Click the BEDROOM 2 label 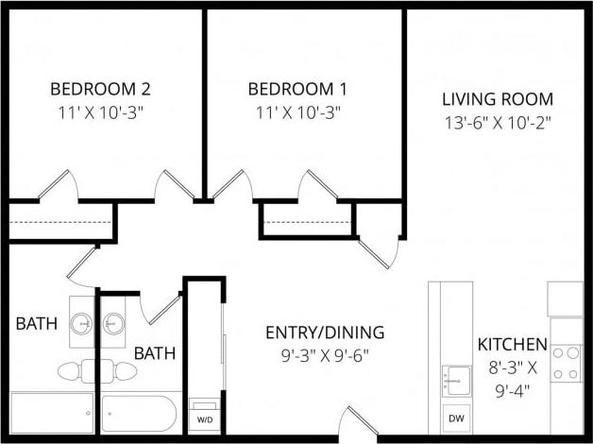pos(100,90)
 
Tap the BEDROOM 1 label pos(297,90)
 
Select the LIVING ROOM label pos(497,99)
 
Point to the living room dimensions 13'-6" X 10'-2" pos(497,122)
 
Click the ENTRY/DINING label pos(324,332)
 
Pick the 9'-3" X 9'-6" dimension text pos(324,355)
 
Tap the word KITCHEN pos(512,344)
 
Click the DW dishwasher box pos(455,417)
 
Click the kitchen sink pos(455,380)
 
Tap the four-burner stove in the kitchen pos(567,363)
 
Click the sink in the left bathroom pos(83,323)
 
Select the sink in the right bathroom pos(115,323)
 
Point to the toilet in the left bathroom pos(75,367)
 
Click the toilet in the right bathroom pos(119,367)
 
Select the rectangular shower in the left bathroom pos(52,413)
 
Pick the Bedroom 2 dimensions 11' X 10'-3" pos(100,111)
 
